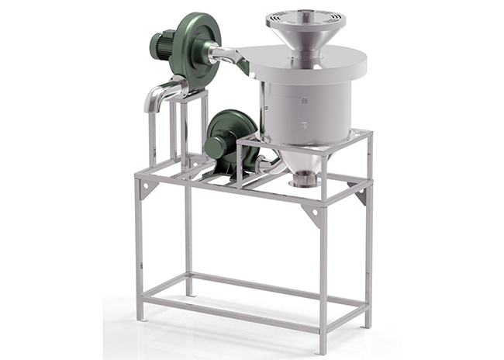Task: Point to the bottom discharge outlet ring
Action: [x=303, y=183]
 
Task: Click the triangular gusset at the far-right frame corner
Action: [x=361, y=193]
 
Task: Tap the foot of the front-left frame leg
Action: [x=140, y=317]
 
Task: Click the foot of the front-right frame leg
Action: [x=323, y=349]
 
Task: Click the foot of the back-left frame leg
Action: [x=188, y=292]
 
